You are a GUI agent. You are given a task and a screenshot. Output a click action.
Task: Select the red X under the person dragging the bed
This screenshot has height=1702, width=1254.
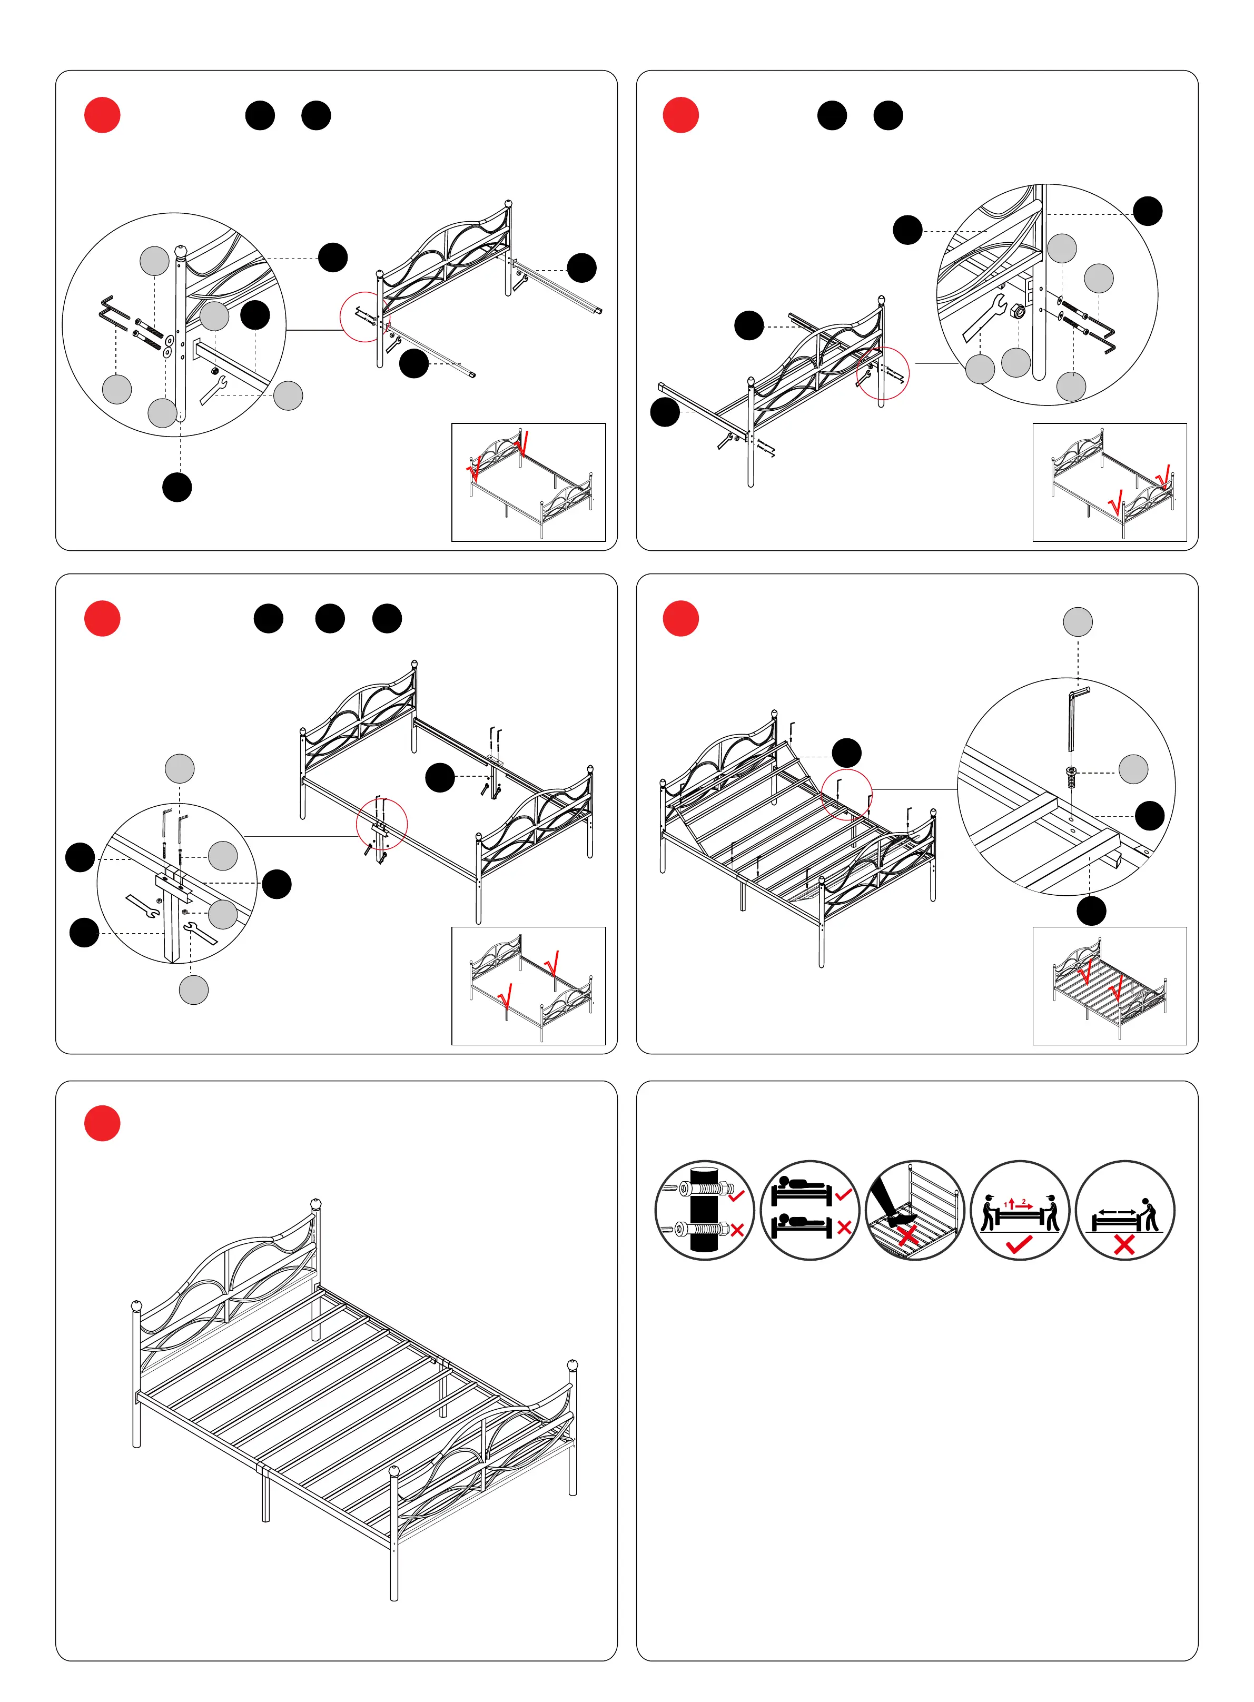[x=1124, y=1244]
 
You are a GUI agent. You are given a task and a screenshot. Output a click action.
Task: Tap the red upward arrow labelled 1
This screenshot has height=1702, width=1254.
[x=1012, y=1203]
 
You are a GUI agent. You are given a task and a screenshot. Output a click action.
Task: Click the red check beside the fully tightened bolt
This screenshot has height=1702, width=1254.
[x=736, y=1196]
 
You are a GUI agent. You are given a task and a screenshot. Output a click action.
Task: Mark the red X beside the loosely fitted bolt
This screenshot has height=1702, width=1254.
[x=736, y=1229]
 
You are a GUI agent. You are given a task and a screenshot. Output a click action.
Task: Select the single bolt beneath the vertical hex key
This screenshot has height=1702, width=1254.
[x=1071, y=777]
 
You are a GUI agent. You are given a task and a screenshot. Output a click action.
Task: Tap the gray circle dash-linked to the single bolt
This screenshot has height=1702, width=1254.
[x=1133, y=769]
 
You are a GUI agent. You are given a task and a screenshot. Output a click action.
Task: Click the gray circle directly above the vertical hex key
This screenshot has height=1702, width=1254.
[x=1078, y=621]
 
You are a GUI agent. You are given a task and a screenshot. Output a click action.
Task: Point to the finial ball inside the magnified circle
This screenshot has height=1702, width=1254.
[x=181, y=251]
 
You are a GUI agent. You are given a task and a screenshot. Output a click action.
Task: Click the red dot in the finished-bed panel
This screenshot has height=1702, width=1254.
[x=103, y=1123]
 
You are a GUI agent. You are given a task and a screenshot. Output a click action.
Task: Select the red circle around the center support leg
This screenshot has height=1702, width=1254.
[x=382, y=824]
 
